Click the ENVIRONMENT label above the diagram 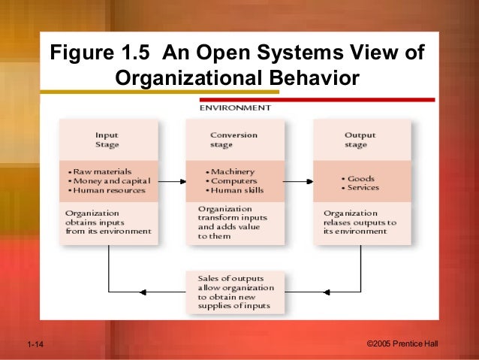pyautogui.click(x=235, y=108)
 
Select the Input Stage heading pyautogui.click(x=107, y=140)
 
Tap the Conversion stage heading pyautogui.click(x=233, y=140)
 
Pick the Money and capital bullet pyautogui.click(x=110, y=181)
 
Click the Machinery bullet pyautogui.click(x=233, y=171)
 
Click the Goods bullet pyautogui.click(x=360, y=178)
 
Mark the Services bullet pyautogui.click(x=363, y=188)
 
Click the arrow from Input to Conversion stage pyautogui.click(x=173, y=181)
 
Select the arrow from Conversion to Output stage pyautogui.click(x=298, y=181)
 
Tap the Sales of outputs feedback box pyautogui.click(x=233, y=292)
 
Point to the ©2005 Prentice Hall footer pyautogui.click(x=405, y=344)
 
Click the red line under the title pyautogui.click(x=316, y=99)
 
